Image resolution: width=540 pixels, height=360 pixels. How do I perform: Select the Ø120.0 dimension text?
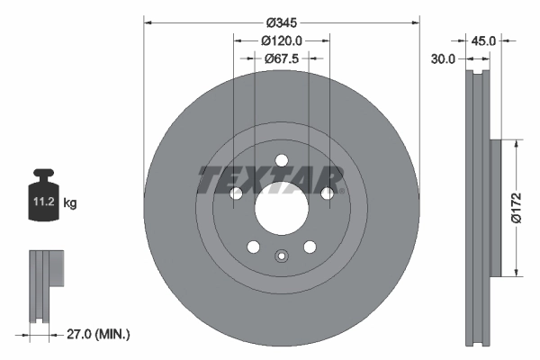tap(282, 40)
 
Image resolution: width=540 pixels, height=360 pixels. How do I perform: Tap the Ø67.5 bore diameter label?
tap(282, 58)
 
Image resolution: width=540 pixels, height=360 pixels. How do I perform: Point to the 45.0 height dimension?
tap(484, 40)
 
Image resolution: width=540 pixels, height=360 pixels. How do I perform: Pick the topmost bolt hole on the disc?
tap(282, 161)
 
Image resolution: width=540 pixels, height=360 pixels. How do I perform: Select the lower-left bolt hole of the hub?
tap(254, 247)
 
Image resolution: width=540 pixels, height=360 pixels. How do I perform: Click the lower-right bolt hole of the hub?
tap(310, 247)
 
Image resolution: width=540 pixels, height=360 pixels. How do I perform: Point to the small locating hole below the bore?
tap(282, 256)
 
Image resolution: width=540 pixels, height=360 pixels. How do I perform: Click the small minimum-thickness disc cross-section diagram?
tap(47, 288)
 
